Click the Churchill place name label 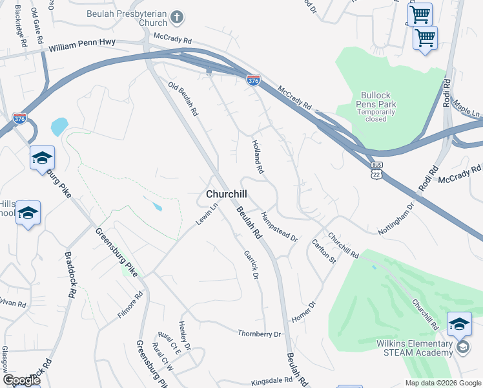226,194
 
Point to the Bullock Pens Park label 376,100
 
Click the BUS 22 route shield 376,173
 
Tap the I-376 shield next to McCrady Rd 253,80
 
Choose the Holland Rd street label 258,159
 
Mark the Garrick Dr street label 251,266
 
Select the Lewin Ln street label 208,214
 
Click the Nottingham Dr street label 395,219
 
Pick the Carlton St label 324,252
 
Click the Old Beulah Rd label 183,99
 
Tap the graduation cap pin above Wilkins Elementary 459,324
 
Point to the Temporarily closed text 376,115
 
